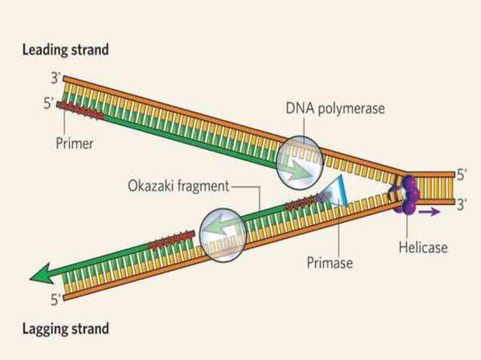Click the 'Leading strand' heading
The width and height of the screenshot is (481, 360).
click(66, 50)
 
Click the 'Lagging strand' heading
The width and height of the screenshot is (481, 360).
click(66, 328)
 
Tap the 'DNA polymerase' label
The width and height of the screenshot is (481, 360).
click(335, 109)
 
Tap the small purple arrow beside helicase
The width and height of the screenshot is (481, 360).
click(430, 212)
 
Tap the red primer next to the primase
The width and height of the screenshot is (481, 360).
click(306, 200)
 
